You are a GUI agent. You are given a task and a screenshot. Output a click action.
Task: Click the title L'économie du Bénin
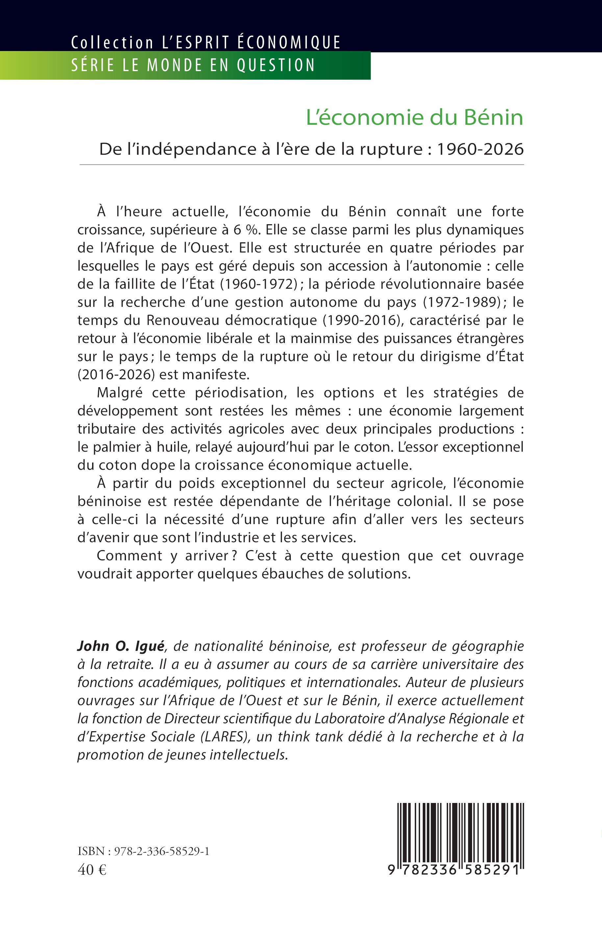click(x=414, y=117)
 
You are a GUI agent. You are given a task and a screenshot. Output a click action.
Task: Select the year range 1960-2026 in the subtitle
click(x=480, y=149)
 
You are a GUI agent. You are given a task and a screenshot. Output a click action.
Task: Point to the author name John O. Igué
click(x=121, y=646)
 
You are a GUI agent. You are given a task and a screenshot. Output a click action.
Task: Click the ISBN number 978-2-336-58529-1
click(x=162, y=851)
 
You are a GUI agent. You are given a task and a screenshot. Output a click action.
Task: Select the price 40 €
click(x=92, y=870)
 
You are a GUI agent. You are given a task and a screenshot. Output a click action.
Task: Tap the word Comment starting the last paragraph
click(x=129, y=555)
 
